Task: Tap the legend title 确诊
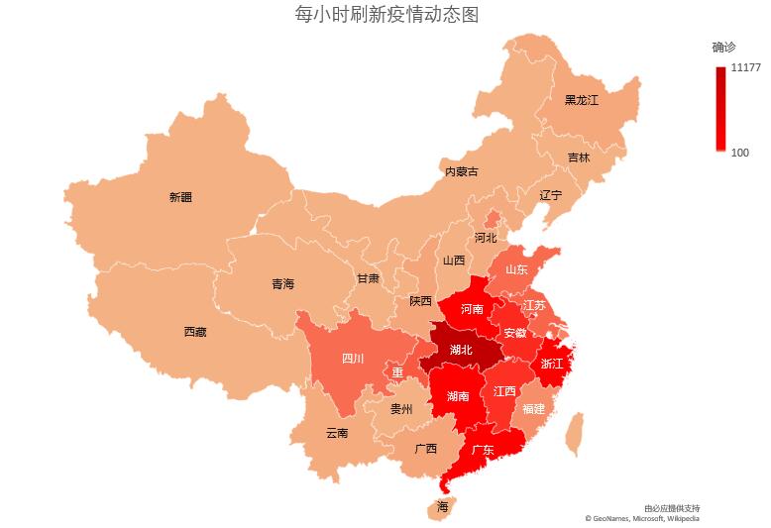point(723,48)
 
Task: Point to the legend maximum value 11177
point(745,68)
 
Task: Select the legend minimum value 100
point(739,153)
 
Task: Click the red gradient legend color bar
point(720,109)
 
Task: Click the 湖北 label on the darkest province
point(461,350)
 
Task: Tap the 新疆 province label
point(180,197)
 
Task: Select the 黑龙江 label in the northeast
point(582,100)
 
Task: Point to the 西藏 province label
point(195,332)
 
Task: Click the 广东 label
point(483,450)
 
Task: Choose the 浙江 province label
point(552,364)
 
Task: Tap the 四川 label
point(353,358)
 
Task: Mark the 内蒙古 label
point(461,171)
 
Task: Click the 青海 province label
point(282,284)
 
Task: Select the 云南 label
point(337,433)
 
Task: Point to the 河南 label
point(472,309)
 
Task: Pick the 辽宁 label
point(550,195)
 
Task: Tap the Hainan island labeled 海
point(441,507)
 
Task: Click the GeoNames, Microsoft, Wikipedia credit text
point(642,518)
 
